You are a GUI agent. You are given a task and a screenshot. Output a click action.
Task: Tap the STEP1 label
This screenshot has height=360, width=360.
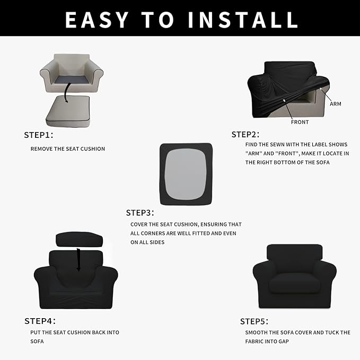click(x=39, y=135)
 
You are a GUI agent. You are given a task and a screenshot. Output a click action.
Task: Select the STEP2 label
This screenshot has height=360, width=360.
click(x=245, y=135)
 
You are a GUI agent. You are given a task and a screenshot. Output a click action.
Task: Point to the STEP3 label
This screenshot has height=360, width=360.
click(x=140, y=213)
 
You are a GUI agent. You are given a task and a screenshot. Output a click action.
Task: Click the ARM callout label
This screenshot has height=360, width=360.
click(x=336, y=104)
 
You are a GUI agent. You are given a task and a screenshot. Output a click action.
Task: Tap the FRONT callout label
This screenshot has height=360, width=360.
click(x=300, y=122)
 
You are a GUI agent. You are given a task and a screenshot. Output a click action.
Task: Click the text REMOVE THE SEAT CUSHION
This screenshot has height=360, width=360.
click(x=68, y=149)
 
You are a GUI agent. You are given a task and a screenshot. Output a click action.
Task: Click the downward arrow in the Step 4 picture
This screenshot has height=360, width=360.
click(x=78, y=258)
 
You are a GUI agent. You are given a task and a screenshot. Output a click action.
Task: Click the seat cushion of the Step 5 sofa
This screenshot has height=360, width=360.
click(x=294, y=285)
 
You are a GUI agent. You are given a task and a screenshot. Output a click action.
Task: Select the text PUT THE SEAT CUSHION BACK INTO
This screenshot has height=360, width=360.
click(x=75, y=332)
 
